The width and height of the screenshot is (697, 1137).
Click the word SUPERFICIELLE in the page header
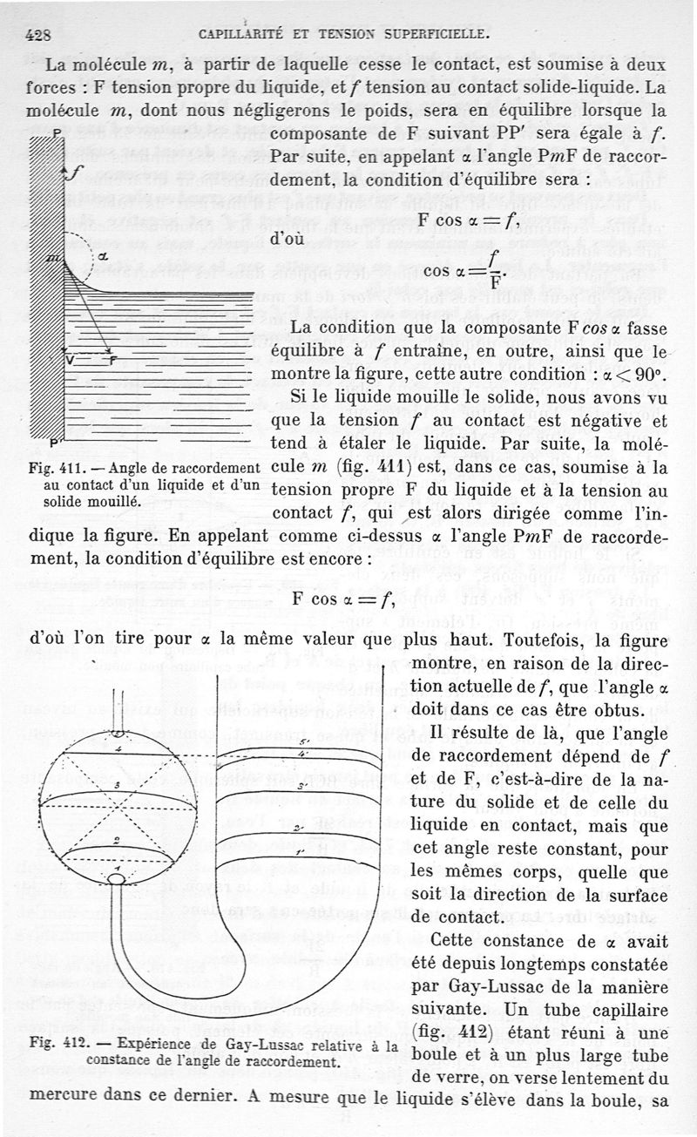(431, 36)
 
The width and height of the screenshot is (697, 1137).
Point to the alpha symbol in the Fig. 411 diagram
(102, 256)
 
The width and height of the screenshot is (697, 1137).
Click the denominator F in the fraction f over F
(494, 284)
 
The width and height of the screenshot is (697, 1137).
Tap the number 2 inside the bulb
(116, 840)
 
